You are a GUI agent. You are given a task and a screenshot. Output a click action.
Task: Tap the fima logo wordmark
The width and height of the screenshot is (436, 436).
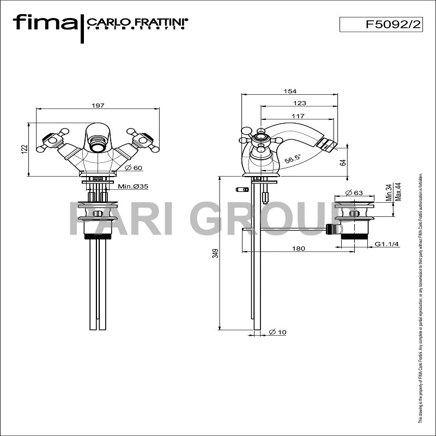tap(45, 23)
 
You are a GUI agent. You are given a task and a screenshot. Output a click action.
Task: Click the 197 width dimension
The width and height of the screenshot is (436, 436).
tap(98, 105)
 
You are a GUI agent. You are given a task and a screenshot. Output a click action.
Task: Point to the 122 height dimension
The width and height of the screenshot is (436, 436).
tap(25, 149)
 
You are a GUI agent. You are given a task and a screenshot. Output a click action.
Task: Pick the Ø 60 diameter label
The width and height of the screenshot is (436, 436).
tap(134, 167)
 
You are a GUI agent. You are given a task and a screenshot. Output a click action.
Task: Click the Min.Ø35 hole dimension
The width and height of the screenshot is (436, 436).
tap(134, 186)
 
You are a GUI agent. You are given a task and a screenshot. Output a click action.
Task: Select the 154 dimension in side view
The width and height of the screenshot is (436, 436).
tap(289, 91)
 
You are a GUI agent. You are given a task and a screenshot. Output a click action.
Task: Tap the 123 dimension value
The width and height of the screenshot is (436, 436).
tap(299, 102)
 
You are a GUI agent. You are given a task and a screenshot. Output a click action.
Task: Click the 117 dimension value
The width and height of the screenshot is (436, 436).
tap(298, 116)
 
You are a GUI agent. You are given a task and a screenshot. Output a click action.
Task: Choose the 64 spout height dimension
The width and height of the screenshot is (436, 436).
tap(343, 162)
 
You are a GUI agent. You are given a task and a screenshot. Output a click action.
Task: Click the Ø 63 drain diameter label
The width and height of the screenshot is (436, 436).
tap(355, 192)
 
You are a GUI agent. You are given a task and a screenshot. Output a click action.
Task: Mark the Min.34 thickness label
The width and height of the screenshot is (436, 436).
tap(388, 192)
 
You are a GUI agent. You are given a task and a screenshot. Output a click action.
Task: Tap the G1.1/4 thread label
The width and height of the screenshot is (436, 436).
tap(387, 244)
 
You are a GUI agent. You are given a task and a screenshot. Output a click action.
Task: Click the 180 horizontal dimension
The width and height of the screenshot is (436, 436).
tap(298, 249)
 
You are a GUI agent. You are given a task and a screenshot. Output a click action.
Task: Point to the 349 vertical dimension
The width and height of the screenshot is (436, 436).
tap(216, 253)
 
